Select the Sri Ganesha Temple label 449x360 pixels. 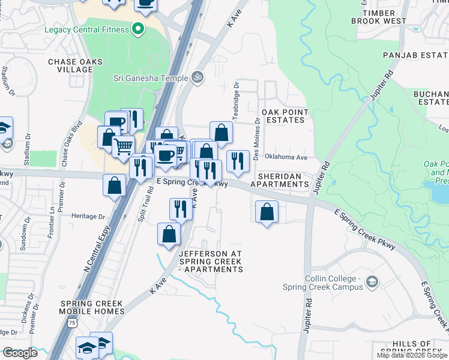150,77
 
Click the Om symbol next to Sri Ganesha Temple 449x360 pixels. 196,77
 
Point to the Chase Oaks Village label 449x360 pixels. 75,65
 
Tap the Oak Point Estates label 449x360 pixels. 285,116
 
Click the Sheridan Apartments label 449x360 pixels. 280,180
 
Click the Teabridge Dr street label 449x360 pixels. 236,101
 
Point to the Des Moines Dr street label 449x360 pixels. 257,139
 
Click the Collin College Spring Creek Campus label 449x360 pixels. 324,283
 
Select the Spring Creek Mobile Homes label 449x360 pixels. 92,307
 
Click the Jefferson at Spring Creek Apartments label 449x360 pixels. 211,262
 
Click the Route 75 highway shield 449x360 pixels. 73,322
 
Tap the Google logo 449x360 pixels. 20,353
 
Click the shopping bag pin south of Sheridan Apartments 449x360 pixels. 267,212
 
